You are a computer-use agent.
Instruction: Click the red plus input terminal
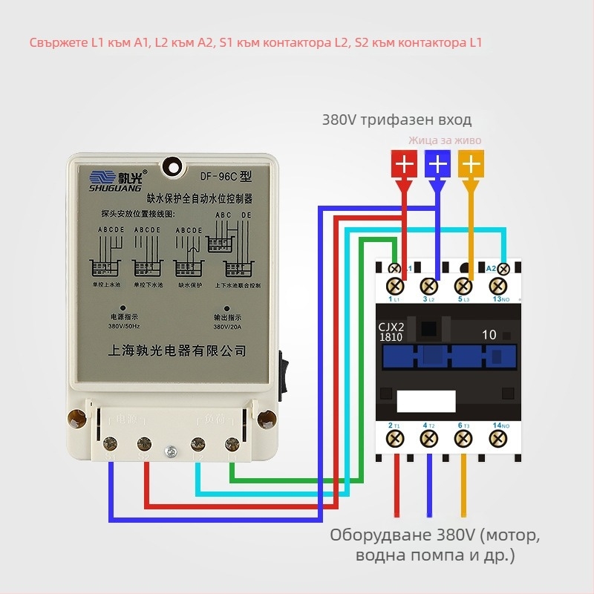click(404, 164)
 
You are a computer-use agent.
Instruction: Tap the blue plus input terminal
click(438, 164)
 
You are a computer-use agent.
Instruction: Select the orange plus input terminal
click(471, 164)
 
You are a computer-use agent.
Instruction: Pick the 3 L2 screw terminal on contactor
click(429, 285)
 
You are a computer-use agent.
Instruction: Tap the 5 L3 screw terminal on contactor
click(464, 285)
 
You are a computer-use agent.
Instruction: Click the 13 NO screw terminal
click(500, 285)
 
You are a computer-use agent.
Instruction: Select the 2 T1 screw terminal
click(394, 440)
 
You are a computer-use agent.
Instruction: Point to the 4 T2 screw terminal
click(429, 440)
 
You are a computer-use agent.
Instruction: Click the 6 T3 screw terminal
click(464, 440)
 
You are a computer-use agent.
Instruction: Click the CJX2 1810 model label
click(392, 332)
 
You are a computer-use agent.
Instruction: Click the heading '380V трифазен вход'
click(396, 120)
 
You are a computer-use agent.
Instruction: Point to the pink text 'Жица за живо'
click(445, 140)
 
